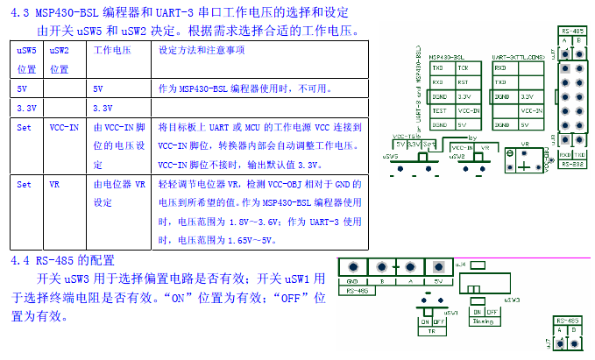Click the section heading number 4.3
click(19, 12)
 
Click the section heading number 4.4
click(20, 261)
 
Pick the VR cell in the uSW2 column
click(54, 185)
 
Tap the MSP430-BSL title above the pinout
click(447, 56)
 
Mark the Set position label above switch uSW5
click(428, 144)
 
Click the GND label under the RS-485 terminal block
click(351, 281)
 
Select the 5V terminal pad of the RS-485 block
click(437, 268)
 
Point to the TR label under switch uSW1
click(430, 332)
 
